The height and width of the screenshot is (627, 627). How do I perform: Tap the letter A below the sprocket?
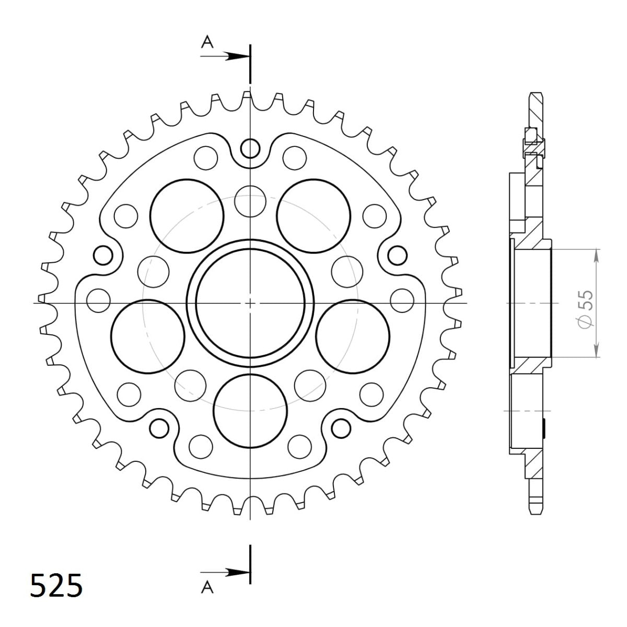(208, 588)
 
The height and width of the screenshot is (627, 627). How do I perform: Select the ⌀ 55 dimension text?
(587, 308)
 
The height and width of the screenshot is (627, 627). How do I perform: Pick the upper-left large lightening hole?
(187, 215)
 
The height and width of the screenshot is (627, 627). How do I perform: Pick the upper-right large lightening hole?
(313, 215)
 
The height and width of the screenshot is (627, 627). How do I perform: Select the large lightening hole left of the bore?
(148, 337)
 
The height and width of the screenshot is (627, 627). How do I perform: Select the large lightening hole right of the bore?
(353, 337)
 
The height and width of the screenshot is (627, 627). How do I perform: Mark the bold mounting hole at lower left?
(159, 427)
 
